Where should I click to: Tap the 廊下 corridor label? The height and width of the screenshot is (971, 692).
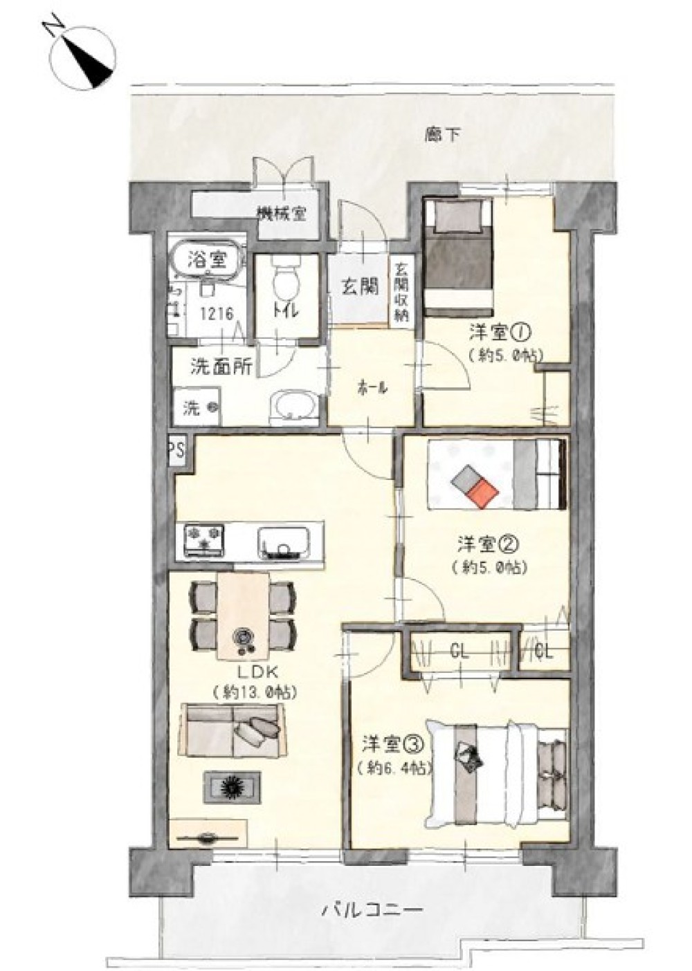pyautogui.click(x=441, y=136)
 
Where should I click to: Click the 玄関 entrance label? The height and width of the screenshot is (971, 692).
pyautogui.click(x=360, y=287)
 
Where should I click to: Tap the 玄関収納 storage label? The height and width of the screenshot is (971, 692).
pyautogui.click(x=401, y=291)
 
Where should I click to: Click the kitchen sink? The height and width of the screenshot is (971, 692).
pyautogui.click(x=284, y=542)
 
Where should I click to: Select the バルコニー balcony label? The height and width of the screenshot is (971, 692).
pyautogui.click(x=372, y=907)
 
